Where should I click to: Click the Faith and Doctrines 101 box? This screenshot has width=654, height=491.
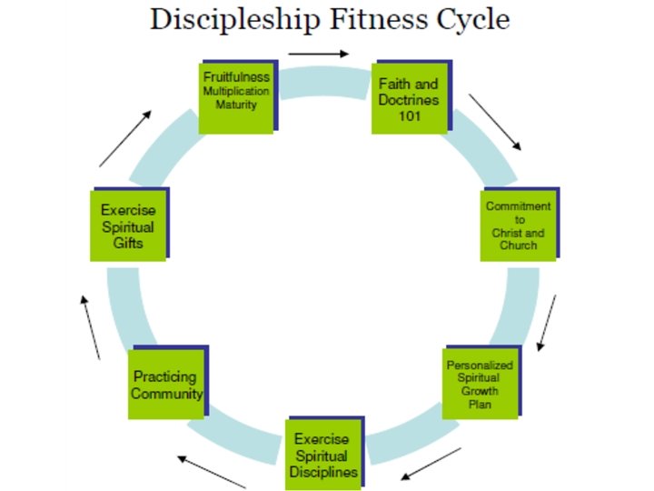(x=409, y=98)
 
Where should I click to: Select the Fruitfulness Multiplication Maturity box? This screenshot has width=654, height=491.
(x=236, y=96)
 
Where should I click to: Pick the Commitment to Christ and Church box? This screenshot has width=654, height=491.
(x=518, y=225)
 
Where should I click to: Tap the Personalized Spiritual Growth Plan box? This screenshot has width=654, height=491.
(x=480, y=384)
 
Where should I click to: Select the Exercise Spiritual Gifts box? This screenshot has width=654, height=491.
(x=128, y=225)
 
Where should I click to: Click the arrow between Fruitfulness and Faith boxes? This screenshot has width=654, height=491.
(x=318, y=55)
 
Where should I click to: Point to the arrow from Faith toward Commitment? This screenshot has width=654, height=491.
(x=495, y=122)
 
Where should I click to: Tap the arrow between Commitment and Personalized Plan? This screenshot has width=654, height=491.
(x=546, y=322)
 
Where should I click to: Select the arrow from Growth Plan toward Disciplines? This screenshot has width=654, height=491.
(x=431, y=464)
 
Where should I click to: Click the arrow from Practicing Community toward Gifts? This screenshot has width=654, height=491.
(x=90, y=327)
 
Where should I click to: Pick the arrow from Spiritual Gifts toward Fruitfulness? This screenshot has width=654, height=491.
(x=125, y=138)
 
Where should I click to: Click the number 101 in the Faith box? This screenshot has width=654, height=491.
(x=409, y=115)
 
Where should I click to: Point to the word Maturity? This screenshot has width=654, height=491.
(x=236, y=105)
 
